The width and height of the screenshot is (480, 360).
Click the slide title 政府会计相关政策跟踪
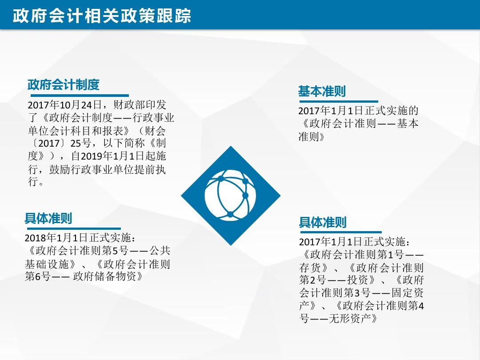pos(102,16)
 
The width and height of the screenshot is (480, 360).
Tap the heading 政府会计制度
pos(64,84)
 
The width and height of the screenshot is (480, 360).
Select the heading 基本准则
pos(322,91)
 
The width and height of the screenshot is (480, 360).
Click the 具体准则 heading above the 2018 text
pos(48,218)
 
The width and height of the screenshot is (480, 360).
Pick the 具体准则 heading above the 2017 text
pos(323,222)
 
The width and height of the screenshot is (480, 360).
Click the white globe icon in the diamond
pos(231,195)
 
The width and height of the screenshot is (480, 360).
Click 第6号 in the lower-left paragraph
pos(38,276)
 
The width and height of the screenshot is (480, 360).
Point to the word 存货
pos(310,268)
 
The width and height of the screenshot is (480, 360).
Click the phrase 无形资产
pos(350,319)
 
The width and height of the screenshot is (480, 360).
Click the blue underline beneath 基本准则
pos(339,101)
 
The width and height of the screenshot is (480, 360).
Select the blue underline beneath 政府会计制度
pos(78,96)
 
